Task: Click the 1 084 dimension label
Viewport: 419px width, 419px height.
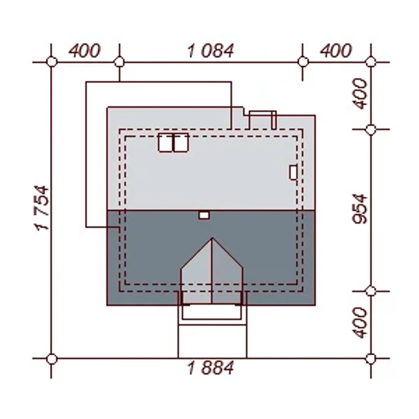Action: pos(210,51)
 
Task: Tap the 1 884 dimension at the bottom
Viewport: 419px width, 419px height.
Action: pos(210,368)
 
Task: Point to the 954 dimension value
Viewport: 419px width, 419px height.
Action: pos(360,209)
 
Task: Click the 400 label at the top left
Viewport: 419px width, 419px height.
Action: pos(84,51)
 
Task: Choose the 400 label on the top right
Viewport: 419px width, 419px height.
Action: pos(336,51)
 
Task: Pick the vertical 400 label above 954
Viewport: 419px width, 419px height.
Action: pos(360,94)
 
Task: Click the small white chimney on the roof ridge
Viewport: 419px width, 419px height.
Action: pos(204,215)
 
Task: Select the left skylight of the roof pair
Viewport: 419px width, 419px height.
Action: pos(166,142)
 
